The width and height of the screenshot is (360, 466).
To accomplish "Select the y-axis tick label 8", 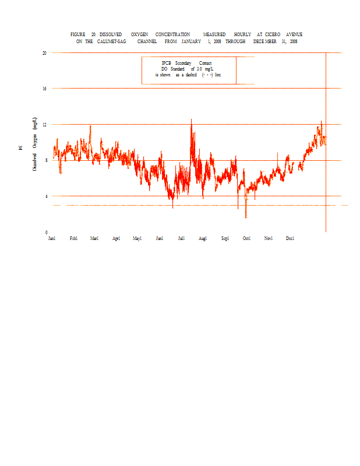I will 46,161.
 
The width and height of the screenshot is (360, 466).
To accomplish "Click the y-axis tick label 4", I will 46,196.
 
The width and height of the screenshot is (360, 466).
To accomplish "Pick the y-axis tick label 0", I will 46,232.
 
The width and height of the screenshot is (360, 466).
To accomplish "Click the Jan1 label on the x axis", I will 52,238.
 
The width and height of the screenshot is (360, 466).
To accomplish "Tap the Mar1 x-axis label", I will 94,238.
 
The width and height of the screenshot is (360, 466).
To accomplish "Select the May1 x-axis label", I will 137,238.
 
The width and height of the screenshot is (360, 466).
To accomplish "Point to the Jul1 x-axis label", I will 181,238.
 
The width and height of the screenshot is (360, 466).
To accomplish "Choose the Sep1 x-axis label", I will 225,238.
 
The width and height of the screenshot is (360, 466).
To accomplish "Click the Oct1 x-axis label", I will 246,238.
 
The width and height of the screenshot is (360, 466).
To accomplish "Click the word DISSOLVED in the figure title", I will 111,35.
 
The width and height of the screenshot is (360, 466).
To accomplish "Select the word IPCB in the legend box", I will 167,63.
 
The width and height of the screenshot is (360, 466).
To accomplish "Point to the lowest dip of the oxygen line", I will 246,218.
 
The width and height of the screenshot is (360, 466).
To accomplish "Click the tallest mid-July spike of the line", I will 191,119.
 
